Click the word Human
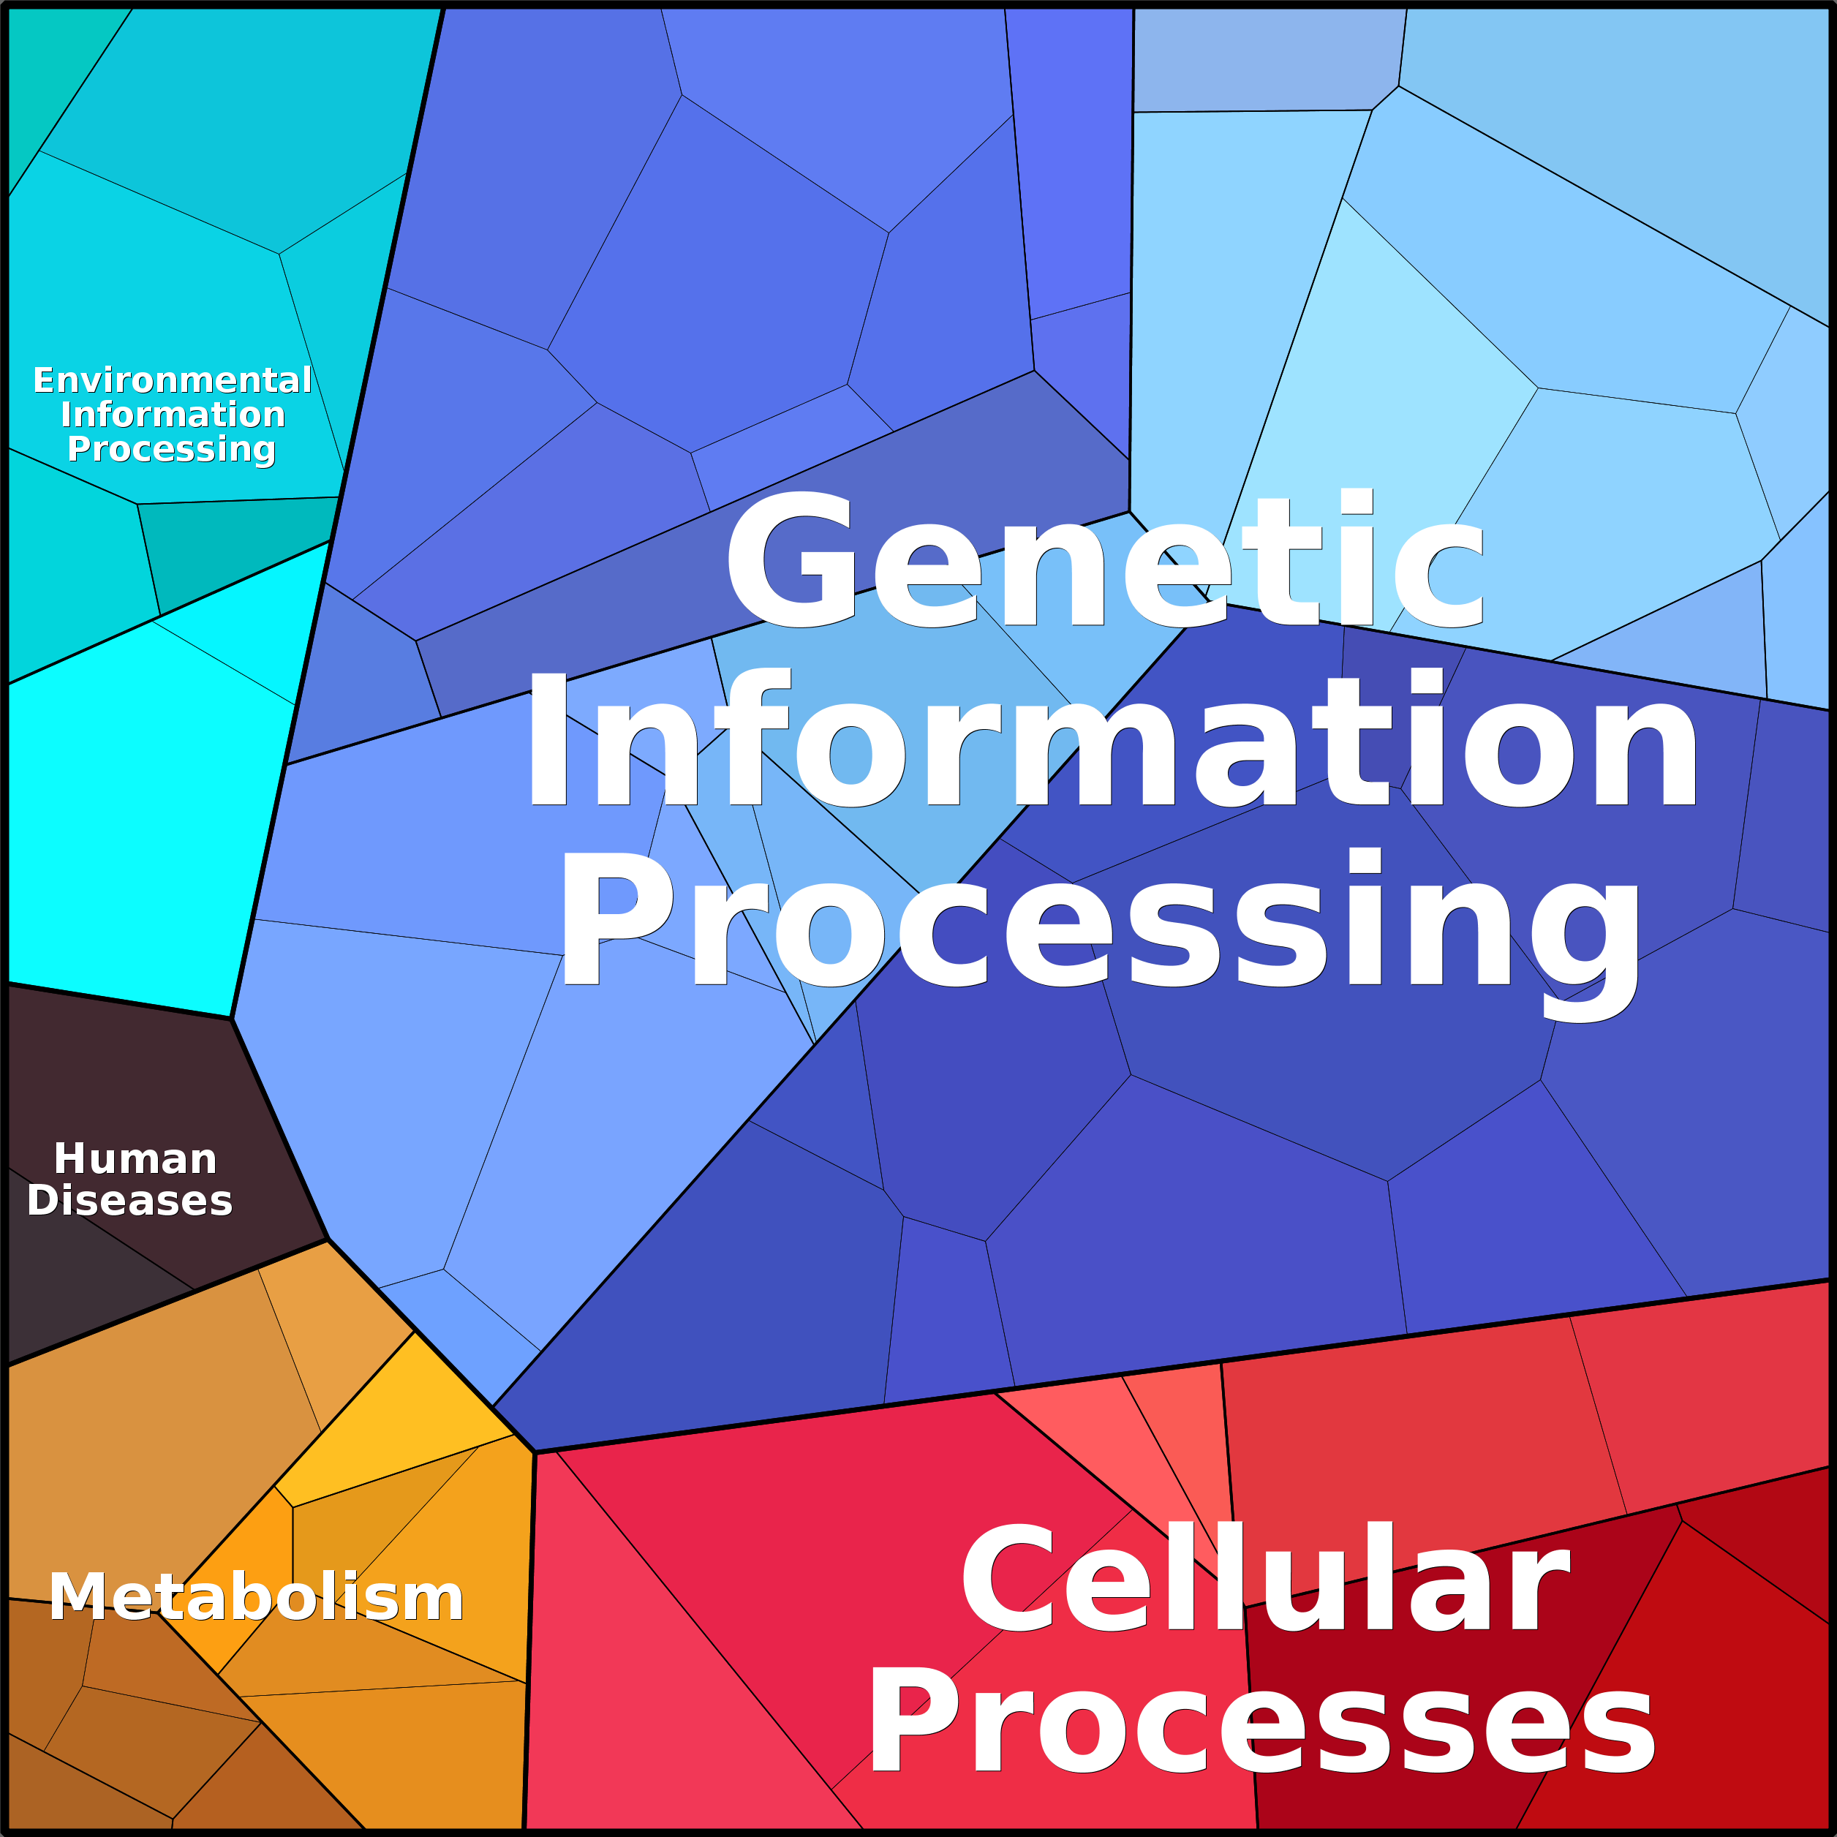point(135,1158)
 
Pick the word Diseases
point(130,1200)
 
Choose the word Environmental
point(172,380)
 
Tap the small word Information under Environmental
point(172,414)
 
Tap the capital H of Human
point(69,1158)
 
